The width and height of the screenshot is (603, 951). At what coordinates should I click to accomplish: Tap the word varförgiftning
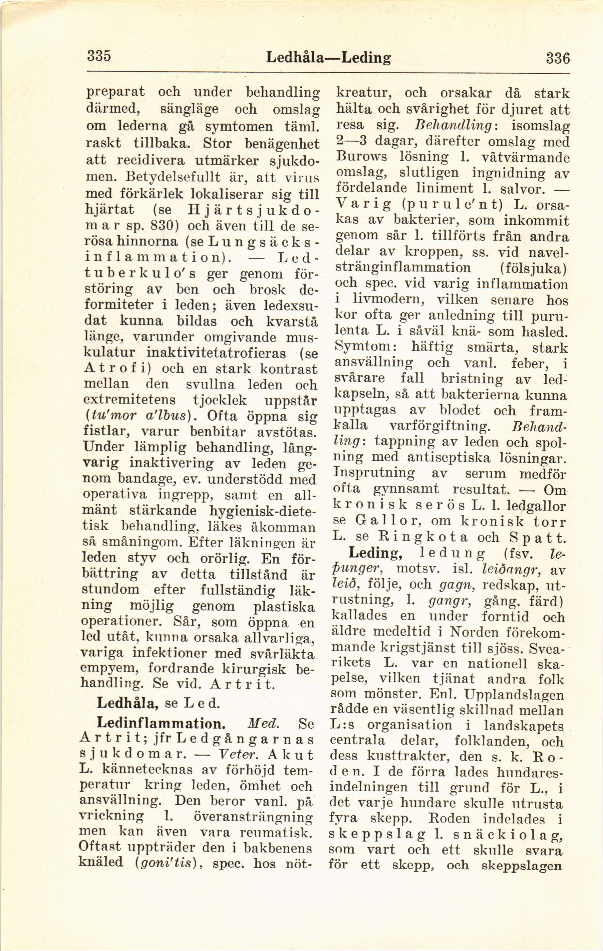click(439, 426)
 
